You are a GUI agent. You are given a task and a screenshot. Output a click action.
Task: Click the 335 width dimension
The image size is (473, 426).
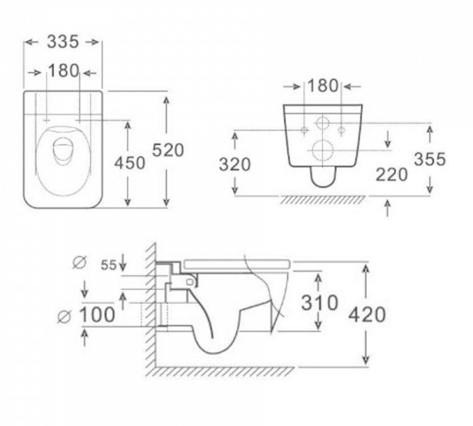[x=63, y=42]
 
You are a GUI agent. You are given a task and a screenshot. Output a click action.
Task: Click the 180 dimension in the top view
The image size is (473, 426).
[x=63, y=71]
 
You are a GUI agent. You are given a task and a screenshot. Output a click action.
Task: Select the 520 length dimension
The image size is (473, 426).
[x=168, y=150]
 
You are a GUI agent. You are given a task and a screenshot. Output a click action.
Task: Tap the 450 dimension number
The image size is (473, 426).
[x=129, y=163]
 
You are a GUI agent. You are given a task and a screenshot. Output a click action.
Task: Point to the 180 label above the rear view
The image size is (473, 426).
[x=322, y=85]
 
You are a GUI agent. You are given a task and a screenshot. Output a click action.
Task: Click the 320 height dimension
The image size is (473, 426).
[x=235, y=165]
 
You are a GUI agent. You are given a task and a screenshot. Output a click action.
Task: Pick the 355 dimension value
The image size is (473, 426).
[x=430, y=159]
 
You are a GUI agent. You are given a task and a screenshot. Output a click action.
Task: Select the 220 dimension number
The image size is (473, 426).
[x=391, y=175]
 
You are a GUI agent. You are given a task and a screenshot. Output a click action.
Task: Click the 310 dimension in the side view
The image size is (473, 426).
[x=319, y=303]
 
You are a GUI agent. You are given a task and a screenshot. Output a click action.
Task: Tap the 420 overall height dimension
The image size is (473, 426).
[x=367, y=315]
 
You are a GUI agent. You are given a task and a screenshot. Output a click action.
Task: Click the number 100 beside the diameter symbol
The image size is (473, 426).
[x=97, y=315]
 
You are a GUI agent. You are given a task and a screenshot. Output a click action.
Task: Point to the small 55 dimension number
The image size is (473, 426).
[x=108, y=265]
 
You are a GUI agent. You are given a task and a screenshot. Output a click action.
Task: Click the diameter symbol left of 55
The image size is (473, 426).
[x=80, y=262]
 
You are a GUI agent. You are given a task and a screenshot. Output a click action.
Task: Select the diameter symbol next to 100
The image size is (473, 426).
[x=65, y=317]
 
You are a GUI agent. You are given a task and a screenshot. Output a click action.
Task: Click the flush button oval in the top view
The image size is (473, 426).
[x=63, y=151]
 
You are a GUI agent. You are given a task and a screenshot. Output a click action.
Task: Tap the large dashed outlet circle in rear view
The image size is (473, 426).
[x=323, y=151]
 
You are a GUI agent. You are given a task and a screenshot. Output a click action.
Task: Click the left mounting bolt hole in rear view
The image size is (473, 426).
[x=305, y=130]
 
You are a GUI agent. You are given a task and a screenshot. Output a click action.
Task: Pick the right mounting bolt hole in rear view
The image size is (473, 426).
[x=341, y=130]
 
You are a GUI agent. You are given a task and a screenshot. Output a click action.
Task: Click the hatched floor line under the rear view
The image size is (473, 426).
[x=323, y=199]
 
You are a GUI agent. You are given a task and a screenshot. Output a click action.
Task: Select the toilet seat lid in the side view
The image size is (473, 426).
[x=237, y=264]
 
